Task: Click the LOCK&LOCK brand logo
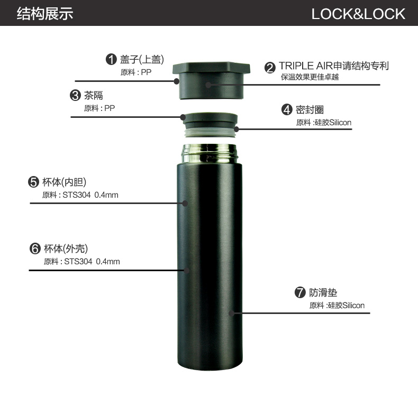[358, 14]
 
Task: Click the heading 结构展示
[45, 14]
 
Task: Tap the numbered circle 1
[111, 59]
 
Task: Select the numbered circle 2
[270, 68]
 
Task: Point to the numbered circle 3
[75, 95]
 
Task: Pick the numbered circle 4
[287, 110]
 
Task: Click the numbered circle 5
[33, 182]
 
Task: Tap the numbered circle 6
[35, 248]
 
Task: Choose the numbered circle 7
[300, 292]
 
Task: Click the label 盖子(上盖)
[142, 59]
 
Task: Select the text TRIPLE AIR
[306, 66]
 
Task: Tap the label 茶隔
[93, 95]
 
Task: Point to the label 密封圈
[310, 110]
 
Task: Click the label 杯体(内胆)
[65, 182]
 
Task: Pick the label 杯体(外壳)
[66, 248]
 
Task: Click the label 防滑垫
[323, 293]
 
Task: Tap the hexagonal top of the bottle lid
[211, 68]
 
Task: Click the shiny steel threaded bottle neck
[210, 154]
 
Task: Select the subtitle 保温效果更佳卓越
[310, 77]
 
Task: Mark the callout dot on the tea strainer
[183, 117]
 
